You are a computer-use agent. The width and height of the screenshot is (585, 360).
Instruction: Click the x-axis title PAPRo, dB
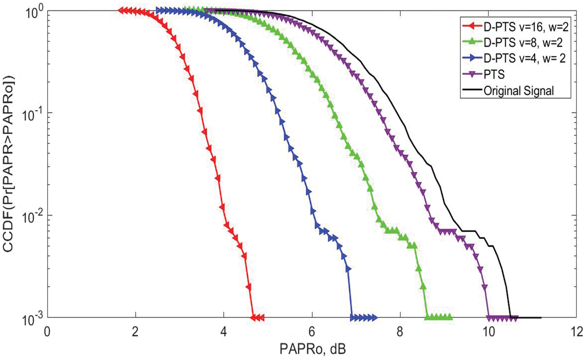pos(312,348)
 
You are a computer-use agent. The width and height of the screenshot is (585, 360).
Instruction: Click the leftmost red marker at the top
pos(121,10)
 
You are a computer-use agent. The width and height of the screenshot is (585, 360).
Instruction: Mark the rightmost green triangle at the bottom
pos(449,318)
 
